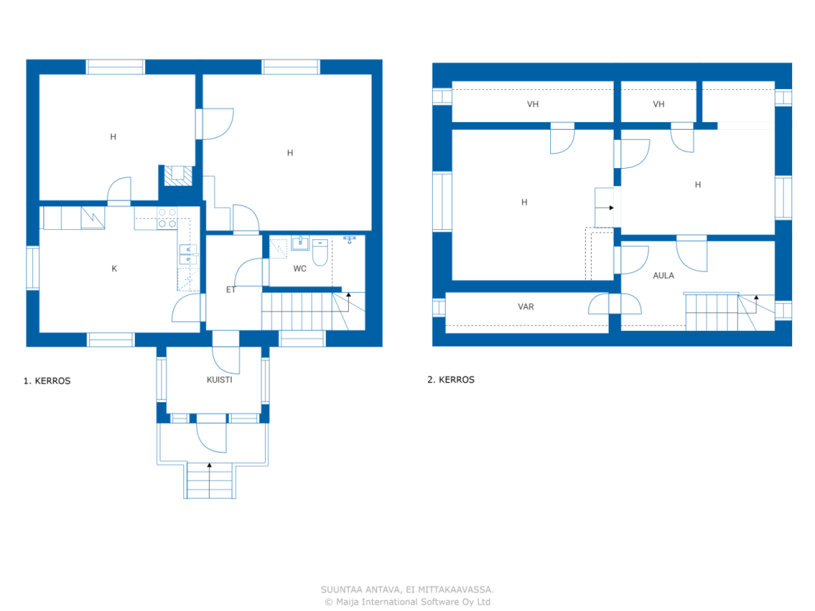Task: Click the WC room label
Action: coord(300,269)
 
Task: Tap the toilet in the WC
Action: coord(320,252)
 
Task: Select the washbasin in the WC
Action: coord(300,243)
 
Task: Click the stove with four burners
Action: coord(167,218)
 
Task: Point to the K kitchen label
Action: coord(115,269)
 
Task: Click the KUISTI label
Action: coord(219,380)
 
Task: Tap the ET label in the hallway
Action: coord(230,290)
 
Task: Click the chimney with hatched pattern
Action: coord(178,176)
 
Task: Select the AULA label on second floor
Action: coord(663,276)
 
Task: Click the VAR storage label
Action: coord(526,307)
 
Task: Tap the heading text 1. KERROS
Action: coord(47,381)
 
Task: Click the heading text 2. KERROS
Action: coord(451,379)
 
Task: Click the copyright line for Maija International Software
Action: coord(407,602)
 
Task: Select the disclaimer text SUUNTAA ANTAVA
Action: coord(407,589)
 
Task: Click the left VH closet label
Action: coord(533,104)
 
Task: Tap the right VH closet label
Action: coord(659,104)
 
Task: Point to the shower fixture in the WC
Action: coord(350,240)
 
